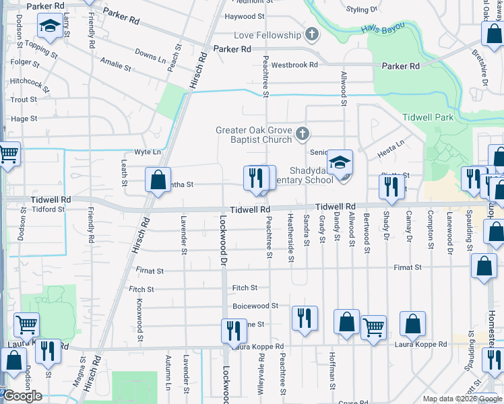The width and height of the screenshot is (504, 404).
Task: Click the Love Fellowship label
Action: (267, 35)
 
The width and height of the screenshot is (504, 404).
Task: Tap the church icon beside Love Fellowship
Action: (311, 34)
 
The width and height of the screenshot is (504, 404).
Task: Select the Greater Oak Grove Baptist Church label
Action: (253, 135)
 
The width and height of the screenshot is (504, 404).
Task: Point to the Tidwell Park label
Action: (427, 117)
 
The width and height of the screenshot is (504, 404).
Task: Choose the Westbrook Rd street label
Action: (294, 65)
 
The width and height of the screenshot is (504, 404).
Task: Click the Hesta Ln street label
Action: (390, 149)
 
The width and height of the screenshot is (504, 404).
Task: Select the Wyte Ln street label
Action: (148, 152)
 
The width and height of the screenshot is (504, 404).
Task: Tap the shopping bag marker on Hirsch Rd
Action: (157, 180)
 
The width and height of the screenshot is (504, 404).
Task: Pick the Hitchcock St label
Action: (26, 81)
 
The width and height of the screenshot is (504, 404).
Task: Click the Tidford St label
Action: (46, 209)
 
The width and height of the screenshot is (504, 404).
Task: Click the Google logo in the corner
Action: (22, 396)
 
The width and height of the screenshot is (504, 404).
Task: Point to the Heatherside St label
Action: (291, 239)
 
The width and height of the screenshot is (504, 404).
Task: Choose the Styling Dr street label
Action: (362, 9)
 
